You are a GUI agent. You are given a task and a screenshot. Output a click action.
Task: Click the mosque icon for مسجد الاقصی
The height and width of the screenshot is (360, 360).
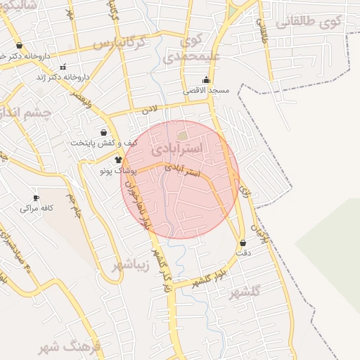(205, 80)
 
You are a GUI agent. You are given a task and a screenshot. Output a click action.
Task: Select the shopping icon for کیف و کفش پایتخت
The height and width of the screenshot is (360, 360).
(104, 132)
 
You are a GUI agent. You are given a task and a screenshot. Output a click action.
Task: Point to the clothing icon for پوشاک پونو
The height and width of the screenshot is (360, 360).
(108, 160)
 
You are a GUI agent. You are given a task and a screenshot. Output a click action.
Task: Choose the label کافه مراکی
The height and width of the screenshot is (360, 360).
(38, 208)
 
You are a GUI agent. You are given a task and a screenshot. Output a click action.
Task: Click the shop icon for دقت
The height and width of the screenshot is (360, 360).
(243, 243)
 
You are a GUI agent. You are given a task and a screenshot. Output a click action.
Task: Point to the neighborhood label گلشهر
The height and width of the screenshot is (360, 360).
(245, 291)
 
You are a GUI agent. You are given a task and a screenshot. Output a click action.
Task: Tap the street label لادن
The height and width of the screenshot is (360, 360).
(150, 110)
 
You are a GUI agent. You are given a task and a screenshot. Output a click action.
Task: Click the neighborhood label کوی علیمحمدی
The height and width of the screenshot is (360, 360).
(186, 48)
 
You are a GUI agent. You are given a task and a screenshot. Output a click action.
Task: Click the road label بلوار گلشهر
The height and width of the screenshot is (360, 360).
(206, 276)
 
